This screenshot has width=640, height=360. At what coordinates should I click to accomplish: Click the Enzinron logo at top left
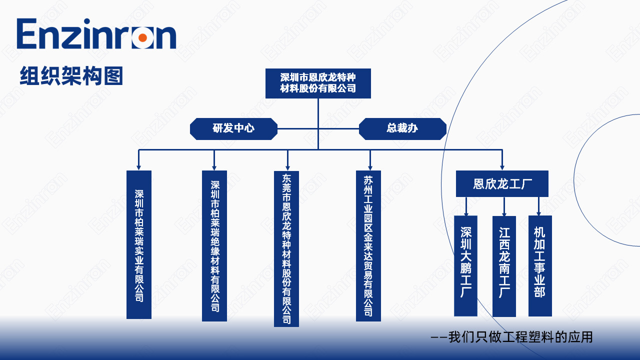pyautogui.click(x=96, y=34)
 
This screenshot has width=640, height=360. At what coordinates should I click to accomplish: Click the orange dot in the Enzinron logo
pyautogui.click(x=142, y=37)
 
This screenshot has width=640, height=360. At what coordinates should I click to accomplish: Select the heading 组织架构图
pyautogui.click(x=71, y=76)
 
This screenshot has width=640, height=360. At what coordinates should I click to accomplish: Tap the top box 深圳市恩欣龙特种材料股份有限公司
pyautogui.click(x=318, y=83)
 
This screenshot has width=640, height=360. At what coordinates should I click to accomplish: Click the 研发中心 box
pyautogui.click(x=233, y=128)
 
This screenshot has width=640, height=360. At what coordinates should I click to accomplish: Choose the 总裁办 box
pyautogui.click(x=402, y=128)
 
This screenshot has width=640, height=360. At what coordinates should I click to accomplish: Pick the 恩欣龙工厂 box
pyautogui.click(x=502, y=183)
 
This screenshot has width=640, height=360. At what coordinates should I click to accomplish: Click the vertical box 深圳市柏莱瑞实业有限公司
pyautogui.click(x=139, y=244)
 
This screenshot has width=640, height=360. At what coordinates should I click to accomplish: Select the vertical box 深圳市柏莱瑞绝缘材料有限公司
pyautogui.click(x=214, y=245)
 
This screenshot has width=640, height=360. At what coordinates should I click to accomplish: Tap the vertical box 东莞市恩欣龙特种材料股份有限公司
pyautogui.click(x=286, y=248)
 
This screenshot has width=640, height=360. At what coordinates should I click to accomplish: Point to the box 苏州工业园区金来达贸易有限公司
pyautogui.click(x=368, y=245)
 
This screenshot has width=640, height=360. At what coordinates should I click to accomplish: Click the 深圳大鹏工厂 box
pyautogui.click(x=465, y=265)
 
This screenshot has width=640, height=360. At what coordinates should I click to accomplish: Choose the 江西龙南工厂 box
pyautogui.click(x=504, y=265)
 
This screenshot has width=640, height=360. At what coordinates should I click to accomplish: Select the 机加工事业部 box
pyautogui.click(x=540, y=265)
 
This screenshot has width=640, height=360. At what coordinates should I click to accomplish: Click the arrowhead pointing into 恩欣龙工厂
pyautogui.click(x=502, y=167)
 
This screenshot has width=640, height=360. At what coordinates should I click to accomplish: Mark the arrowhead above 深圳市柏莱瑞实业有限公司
pyautogui.click(x=139, y=167)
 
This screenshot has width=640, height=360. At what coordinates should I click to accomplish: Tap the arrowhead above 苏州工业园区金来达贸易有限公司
pyautogui.click(x=370, y=167)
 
